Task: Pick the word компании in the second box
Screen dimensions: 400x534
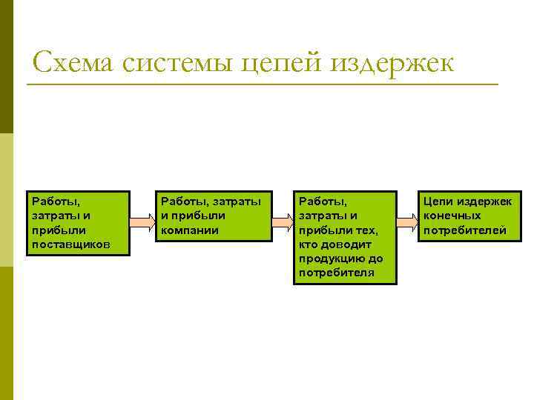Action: point(190,230)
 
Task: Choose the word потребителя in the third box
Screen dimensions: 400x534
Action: point(337,273)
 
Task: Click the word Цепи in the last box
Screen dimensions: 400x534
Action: point(438,201)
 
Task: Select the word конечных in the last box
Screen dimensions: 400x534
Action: point(452,216)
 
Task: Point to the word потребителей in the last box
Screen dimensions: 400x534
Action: point(465,230)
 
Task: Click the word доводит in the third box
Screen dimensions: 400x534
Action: point(353,244)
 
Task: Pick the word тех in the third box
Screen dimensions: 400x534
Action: point(366,230)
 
